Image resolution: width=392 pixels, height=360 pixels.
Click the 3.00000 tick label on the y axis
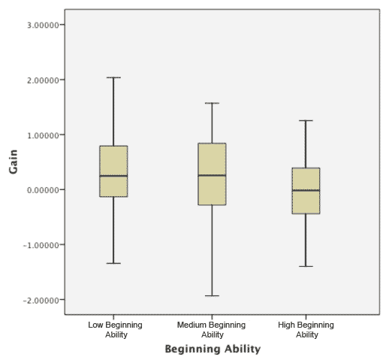pos(42,25)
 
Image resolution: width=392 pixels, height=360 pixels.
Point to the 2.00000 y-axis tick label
pos(42,80)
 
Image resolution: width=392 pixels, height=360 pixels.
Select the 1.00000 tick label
pos(42,135)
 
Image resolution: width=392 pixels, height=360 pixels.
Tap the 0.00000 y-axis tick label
pos(42,189)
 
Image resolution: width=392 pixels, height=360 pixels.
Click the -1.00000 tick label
pos(41,245)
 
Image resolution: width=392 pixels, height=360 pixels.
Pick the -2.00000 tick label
pos(41,300)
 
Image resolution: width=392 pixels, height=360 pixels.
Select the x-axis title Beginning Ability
pos(211,349)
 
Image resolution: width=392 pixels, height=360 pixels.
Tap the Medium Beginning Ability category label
pos(211,329)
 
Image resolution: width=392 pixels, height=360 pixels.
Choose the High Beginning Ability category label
pos(306,329)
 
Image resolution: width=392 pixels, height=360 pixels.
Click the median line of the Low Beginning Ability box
pos(113,176)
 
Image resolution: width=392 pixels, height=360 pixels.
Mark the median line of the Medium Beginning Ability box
pos(211,175)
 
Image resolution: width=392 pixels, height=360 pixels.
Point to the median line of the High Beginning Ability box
pos(306,190)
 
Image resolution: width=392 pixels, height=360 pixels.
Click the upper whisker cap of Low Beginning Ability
pos(113,77)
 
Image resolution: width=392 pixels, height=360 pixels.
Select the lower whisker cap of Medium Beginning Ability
pos(211,296)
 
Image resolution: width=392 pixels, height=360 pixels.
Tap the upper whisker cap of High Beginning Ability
pos(306,120)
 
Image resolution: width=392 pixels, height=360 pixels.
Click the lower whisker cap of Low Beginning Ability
pos(113,263)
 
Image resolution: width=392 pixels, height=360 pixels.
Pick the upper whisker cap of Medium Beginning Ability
pos(211,103)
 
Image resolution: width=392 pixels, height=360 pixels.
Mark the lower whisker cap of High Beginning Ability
pos(306,267)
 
